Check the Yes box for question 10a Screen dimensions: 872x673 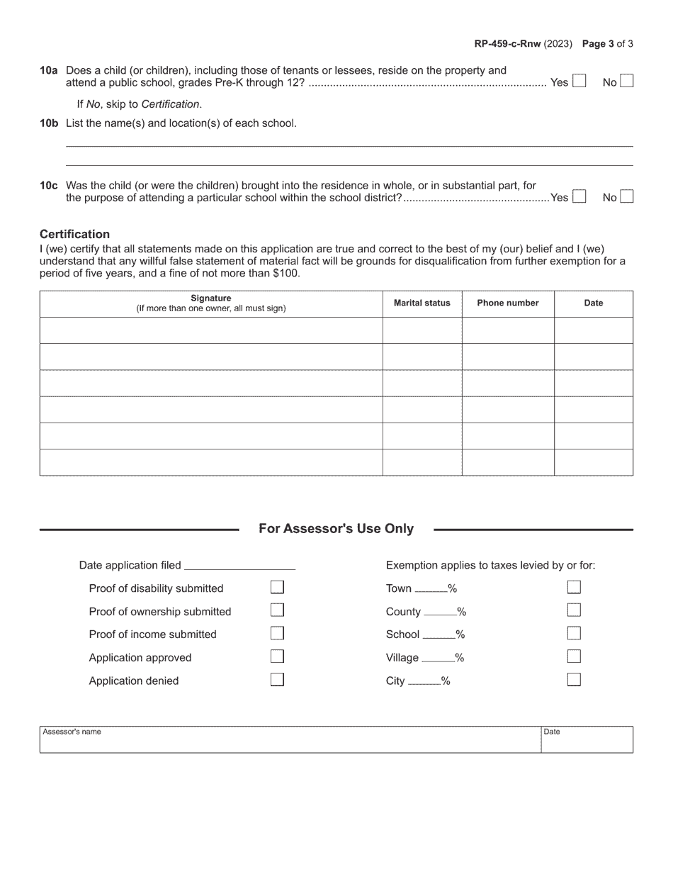[579, 82]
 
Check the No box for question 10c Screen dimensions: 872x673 [626, 196]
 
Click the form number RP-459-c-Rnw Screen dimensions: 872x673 [507, 44]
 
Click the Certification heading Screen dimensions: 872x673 [74, 234]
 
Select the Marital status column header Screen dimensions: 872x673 [422, 303]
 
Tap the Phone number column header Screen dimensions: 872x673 [507, 303]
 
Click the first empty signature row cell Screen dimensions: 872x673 [211, 330]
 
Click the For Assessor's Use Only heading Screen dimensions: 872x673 [336, 529]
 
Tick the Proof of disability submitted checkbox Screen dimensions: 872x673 [278, 587]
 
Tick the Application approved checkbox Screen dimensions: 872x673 [278, 656]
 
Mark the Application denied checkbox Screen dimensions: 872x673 [278, 679]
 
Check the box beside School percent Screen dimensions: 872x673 [574, 633]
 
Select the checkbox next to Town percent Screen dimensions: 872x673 [574, 587]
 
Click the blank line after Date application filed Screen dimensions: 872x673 [239, 566]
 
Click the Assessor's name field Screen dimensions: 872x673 [289, 742]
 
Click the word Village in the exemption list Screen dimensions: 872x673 [402, 658]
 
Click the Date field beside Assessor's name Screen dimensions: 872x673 [587, 742]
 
